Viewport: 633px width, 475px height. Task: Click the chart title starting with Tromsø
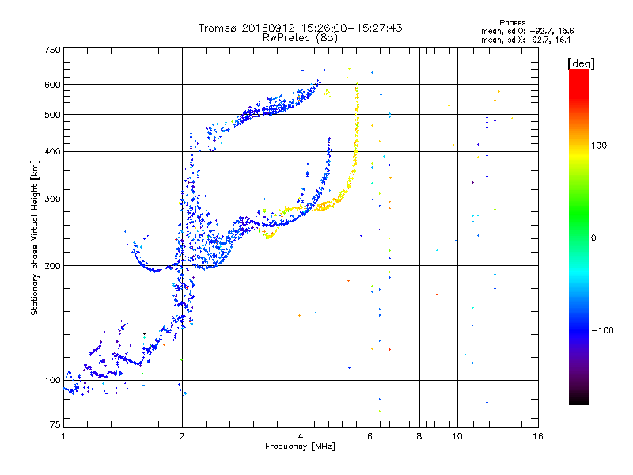point(300,28)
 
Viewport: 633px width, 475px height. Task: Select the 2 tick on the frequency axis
point(182,436)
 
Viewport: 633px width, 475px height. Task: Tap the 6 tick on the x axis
point(370,436)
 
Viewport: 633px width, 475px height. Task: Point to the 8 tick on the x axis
point(419,436)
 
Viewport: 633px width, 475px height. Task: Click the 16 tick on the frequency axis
point(538,436)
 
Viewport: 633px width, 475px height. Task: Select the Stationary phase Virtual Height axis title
point(35,237)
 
